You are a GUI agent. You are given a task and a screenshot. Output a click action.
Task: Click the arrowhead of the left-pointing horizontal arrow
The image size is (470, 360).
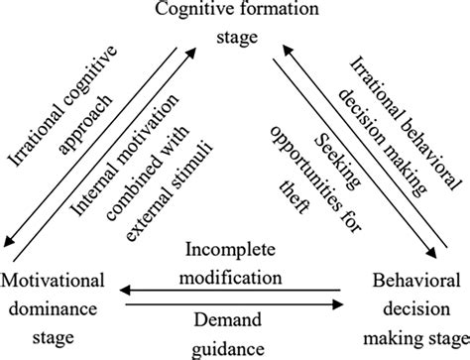pos(121,290)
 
